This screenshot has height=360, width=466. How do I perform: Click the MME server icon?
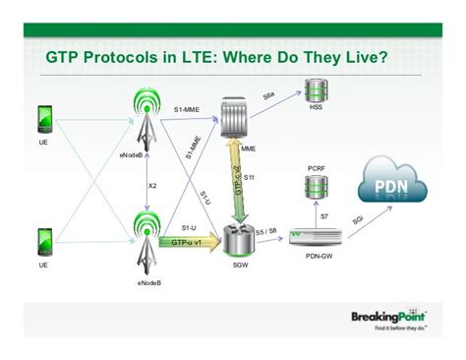click(x=234, y=117)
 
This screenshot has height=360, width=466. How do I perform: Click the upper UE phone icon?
click(x=43, y=121)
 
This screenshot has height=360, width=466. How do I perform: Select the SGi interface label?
click(x=360, y=219)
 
